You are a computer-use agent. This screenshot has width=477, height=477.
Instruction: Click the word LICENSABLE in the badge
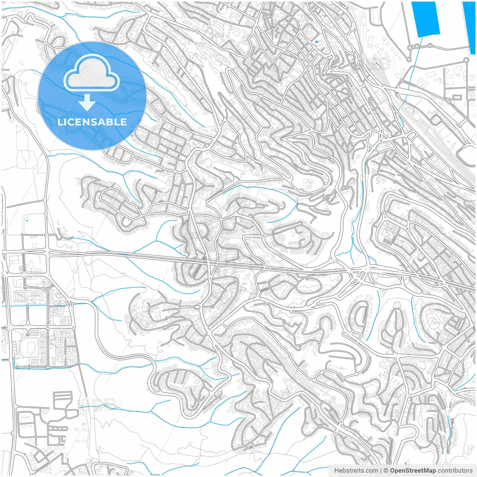pyautogui.click(x=92, y=122)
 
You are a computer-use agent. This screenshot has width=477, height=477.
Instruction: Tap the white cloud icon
pyautogui.click(x=92, y=73)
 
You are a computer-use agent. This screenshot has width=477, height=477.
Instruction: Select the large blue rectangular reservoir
pyautogui.click(x=424, y=19)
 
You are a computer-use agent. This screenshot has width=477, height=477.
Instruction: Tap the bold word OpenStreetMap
pyautogui.click(x=413, y=471)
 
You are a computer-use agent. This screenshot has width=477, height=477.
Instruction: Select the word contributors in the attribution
pyautogui.click(x=455, y=471)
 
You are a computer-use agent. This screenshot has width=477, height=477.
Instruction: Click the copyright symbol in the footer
pyautogui.click(x=386, y=471)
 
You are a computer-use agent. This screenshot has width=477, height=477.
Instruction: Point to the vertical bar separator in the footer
pyautogui.click(x=380, y=471)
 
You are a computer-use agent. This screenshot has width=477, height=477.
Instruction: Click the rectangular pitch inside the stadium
pyautogui.click(x=30, y=348)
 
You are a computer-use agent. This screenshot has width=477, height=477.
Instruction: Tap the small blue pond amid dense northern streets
pyautogui.click(x=316, y=42)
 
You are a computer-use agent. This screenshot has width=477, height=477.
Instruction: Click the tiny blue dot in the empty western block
pyautogui.click(x=26, y=220)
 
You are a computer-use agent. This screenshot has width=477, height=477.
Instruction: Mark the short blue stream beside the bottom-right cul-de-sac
pyautogui.click(x=449, y=421)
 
